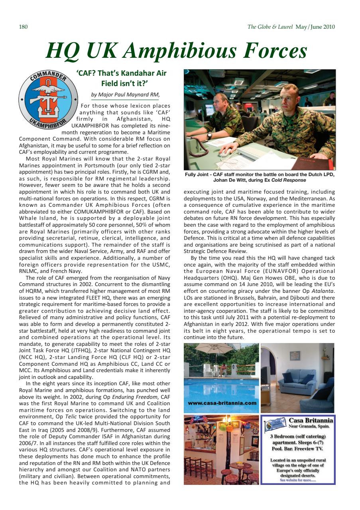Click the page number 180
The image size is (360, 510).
coord(23,27)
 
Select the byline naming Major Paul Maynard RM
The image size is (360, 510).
coord(125,94)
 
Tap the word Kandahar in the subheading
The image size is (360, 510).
coord(133,73)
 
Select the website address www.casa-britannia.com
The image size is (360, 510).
coord(222,403)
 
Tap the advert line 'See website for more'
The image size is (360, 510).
coord(298,480)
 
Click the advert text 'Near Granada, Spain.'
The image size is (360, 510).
coord(311,427)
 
